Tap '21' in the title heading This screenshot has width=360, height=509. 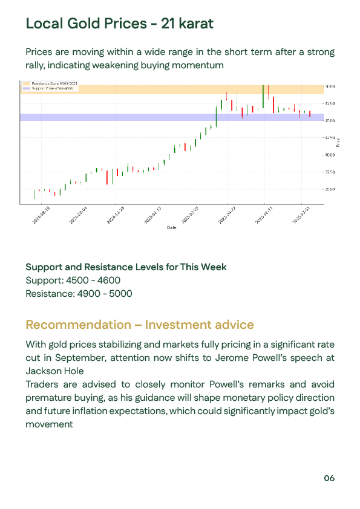(x=168, y=24)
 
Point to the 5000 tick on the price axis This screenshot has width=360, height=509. (x=330, y=87)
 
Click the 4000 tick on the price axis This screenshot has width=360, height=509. (x=330, y=155)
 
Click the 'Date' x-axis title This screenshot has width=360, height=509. (x=172, y=228)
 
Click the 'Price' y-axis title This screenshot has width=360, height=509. (x=338, y=143)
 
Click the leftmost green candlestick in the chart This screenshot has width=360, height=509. (x=34, y=193)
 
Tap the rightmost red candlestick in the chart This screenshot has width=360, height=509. (x=310, y=114)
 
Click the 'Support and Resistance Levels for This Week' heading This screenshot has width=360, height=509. (x=126, y=267)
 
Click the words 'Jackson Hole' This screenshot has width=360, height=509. (x=54, y=371)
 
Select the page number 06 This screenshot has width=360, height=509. (x=329, y=478)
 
